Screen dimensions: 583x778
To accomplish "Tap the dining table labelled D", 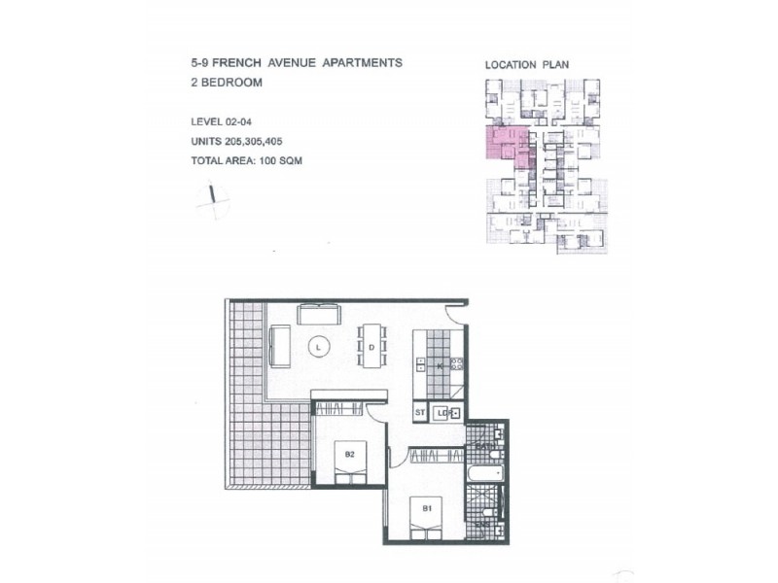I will [x=371, y=346].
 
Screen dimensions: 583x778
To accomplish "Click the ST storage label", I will [x=420, y=413].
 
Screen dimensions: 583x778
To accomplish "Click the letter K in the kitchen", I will [x=440, y=366].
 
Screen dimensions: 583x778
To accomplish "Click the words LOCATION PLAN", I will [x=527, y=65].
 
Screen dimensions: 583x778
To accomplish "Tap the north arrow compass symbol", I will [x=211, y=198].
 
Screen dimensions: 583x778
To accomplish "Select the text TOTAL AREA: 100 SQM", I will [x=246, y=160].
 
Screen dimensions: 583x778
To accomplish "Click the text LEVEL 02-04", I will [x=224, y=121].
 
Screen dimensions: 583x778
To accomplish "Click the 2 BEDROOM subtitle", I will [x=228, y=83].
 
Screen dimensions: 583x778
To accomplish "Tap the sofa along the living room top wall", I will [x=319, y=314].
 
